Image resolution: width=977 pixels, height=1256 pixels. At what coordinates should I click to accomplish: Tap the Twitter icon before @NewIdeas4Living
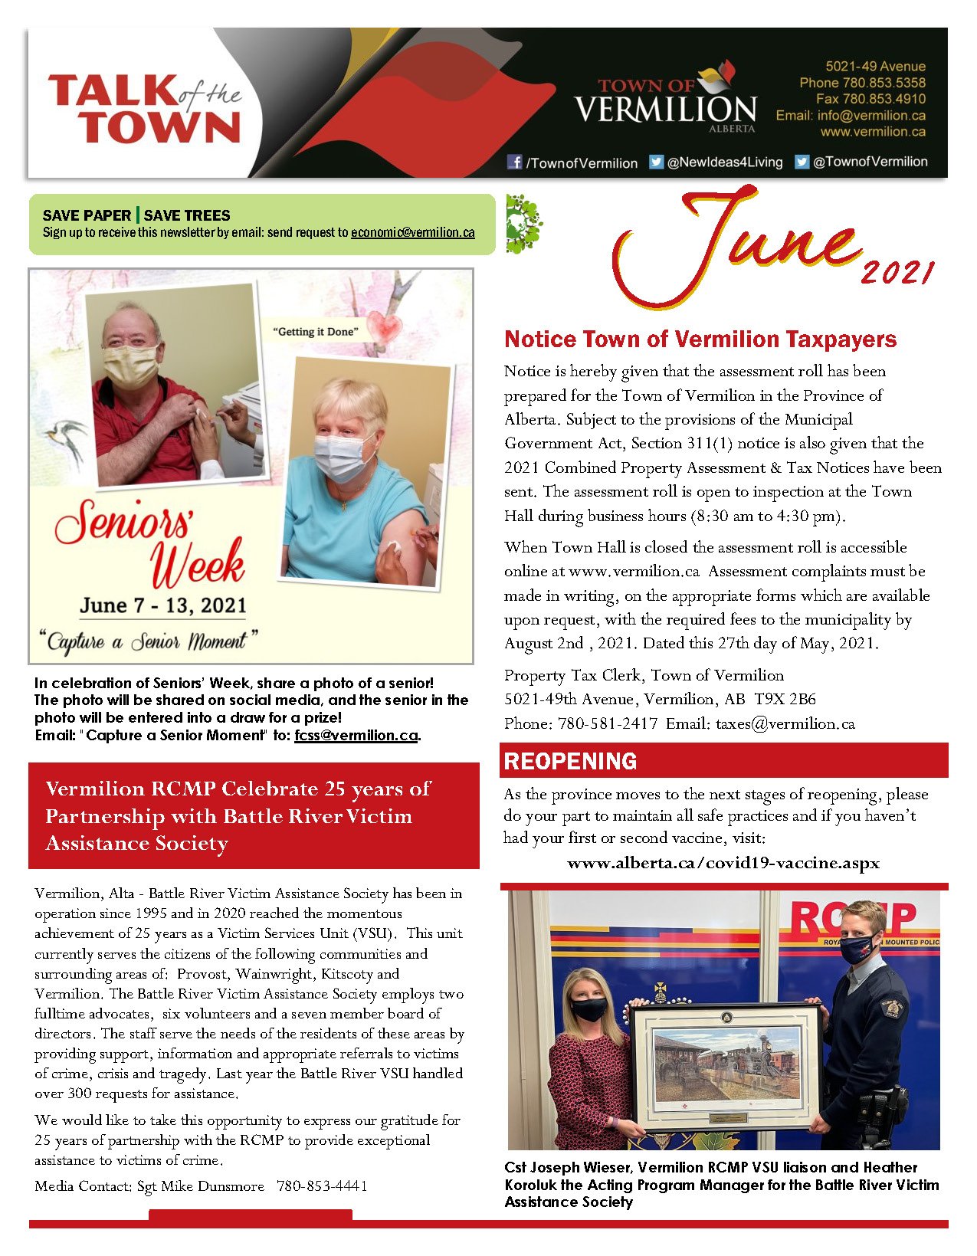(x=656, y=162)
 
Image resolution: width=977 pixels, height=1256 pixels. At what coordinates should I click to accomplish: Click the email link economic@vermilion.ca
(x=412, y=232)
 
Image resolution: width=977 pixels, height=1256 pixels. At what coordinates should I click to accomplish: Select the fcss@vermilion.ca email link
(x=356, y=736)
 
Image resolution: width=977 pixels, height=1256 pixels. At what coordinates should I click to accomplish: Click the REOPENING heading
(x=570, y=761)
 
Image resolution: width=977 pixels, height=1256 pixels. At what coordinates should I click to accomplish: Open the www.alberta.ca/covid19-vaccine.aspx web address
(x=723, y=863)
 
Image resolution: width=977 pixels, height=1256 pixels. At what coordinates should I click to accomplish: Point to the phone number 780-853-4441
(x=322, y=1186)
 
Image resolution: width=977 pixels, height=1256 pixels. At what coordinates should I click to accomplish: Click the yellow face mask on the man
(x=131, y=366)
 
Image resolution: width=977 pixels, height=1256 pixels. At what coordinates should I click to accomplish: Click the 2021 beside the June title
(x=897, y=272)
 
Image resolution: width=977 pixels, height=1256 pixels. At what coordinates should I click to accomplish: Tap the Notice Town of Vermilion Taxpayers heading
(x=700, y=339)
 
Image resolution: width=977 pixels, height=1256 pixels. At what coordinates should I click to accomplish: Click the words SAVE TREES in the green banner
(x=187, y=215)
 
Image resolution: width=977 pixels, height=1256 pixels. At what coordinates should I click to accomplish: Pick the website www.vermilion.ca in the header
(x=873, y=132)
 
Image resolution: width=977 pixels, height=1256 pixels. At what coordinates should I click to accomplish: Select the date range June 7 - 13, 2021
(x=163, y=605)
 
